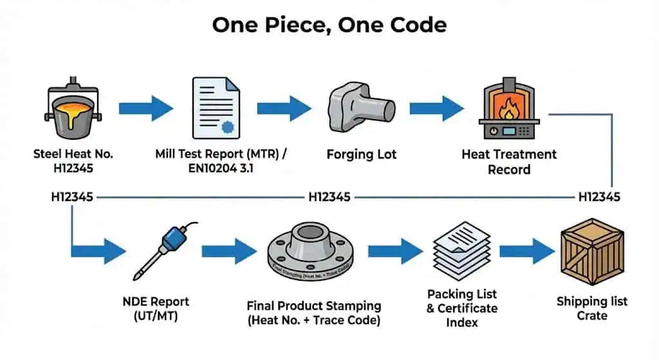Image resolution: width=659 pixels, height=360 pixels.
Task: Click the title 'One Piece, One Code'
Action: pos(329,26)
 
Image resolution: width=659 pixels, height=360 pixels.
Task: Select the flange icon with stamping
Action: pos(314,252)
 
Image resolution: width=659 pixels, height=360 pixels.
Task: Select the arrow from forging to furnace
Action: pos(438,107)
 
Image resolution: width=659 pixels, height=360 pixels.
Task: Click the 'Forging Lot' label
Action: pos(362,155)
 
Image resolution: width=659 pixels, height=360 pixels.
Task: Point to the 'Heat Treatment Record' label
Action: pos(509,162)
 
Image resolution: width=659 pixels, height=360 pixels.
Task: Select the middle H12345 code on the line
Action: pos(329,196)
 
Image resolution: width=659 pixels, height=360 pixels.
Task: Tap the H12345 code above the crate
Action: pos(599,196)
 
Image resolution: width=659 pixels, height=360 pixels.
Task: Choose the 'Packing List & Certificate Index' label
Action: pos(461,308)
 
